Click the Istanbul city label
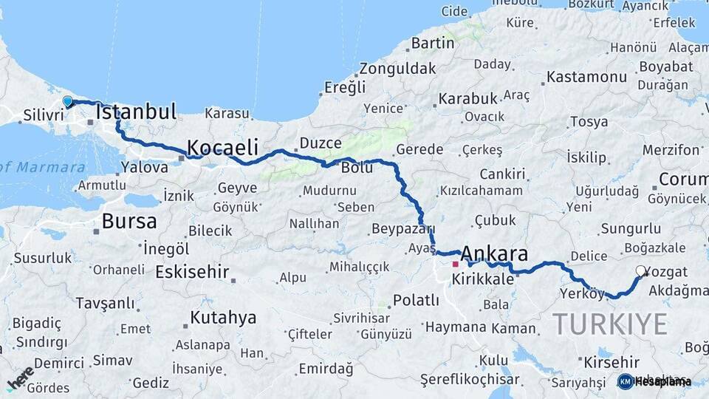136,112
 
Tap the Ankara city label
495,255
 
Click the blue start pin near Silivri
67,102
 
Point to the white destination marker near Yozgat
640,271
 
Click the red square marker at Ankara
456,264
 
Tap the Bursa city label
129,221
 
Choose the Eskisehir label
192,272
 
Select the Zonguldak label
397,68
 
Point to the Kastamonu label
587,77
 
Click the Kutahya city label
223,318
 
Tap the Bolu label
356,168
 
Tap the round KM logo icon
625,381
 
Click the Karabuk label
468,98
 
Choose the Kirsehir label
611,362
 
